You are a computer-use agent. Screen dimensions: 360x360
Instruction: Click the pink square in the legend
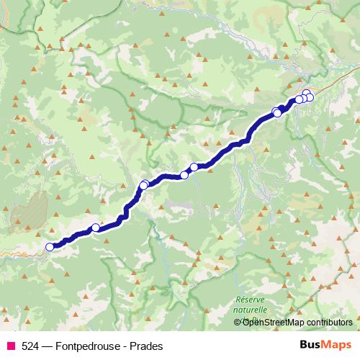click(10, 346)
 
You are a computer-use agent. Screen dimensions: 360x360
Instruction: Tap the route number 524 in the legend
click(30, 346)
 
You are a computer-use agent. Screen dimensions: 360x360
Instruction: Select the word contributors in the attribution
click(329, 323)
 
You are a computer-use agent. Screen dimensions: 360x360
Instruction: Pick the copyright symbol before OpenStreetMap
click(238, 323)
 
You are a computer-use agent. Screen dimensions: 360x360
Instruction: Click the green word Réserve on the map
click(251, 299)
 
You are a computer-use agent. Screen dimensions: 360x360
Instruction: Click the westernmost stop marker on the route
click(50, 247)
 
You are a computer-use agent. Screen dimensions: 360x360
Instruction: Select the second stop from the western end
click(95, 228)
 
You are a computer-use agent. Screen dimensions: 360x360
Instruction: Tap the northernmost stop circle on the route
click(307, 93)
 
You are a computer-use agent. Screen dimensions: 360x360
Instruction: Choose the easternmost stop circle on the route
click(310, 97)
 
